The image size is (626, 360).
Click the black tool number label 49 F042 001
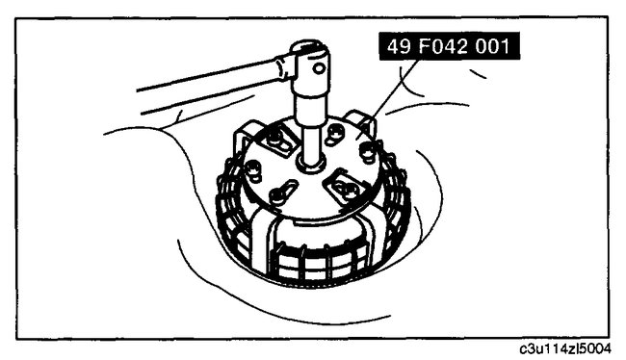point(449,46)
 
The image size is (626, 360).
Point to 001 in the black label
point(492,46)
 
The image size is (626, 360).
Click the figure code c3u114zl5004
point(564,348)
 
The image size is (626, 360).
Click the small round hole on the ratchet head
point(319,68)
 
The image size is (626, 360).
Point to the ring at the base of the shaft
point(311,164)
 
